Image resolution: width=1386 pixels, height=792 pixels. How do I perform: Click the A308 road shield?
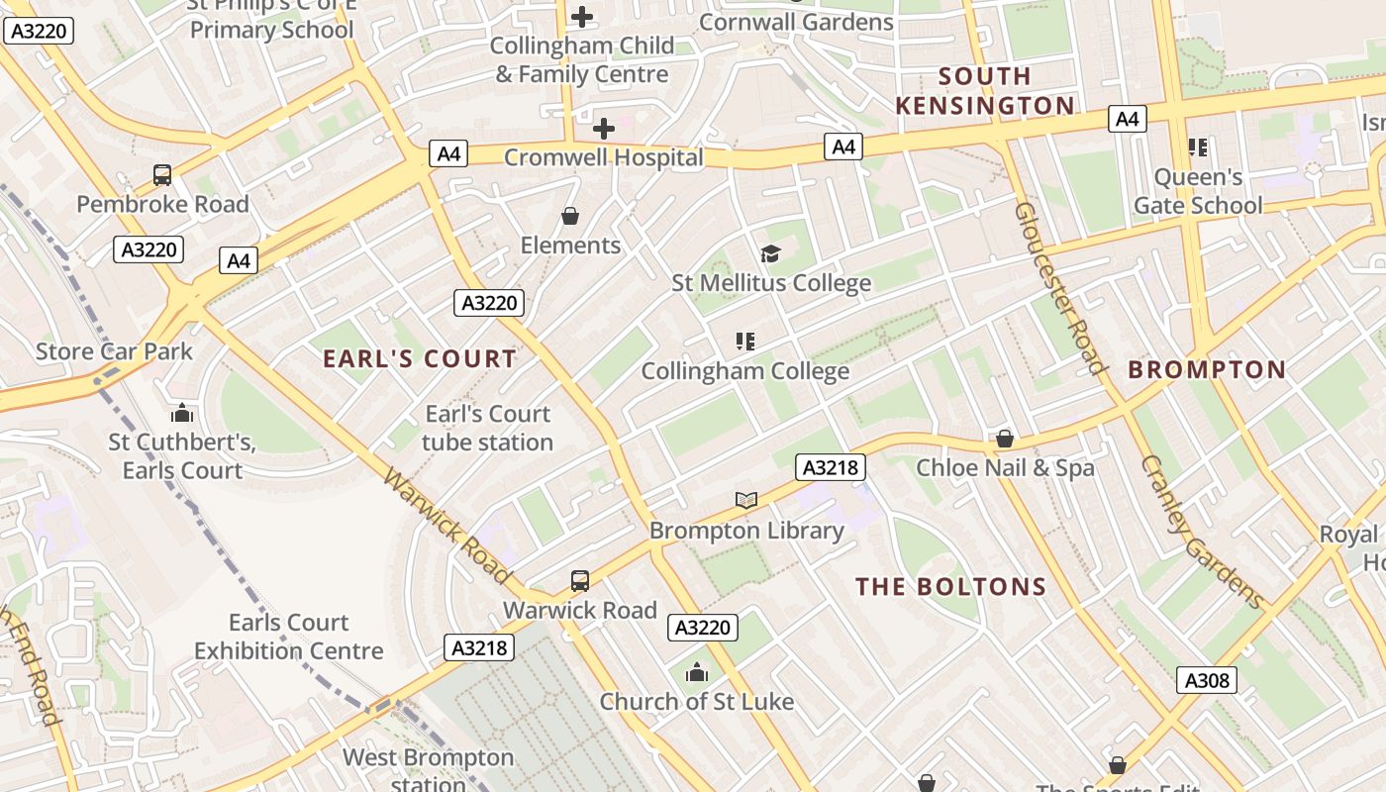[1207, 680]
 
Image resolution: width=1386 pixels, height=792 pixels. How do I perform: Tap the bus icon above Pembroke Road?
[162, 175]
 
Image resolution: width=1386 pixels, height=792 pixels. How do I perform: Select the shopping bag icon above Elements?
[570, 216]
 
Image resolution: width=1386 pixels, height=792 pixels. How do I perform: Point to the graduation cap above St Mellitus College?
[770, 254]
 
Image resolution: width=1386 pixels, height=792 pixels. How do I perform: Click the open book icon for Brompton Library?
[746, 501]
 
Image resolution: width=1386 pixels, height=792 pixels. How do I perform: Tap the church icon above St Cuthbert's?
[182, 413]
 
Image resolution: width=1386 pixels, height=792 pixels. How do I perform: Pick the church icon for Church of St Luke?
[697, 673]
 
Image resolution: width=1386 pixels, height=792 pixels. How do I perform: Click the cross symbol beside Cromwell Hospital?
[603, 129]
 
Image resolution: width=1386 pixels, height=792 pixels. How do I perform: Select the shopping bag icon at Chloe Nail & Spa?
[1005, 439]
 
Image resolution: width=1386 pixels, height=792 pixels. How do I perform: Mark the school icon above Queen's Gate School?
[1198, 148]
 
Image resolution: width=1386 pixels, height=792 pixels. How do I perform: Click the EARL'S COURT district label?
[420, 359]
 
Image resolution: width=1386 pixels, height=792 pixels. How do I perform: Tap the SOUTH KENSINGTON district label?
[984, 91]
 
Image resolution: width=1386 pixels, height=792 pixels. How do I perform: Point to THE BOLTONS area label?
[950, 587]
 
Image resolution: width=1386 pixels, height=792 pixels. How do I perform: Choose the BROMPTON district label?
[1207, 370]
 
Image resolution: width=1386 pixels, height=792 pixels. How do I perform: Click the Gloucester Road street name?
[1059, 288]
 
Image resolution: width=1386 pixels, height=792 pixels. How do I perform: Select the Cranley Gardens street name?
[1201, 532]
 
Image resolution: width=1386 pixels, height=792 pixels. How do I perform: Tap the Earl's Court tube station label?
[487, 428]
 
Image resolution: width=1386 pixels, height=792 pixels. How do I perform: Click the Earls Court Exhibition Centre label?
[288, 637]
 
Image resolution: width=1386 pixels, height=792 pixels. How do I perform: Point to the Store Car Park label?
[115, 351]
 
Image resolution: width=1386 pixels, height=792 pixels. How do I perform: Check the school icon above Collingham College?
[745, 343]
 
